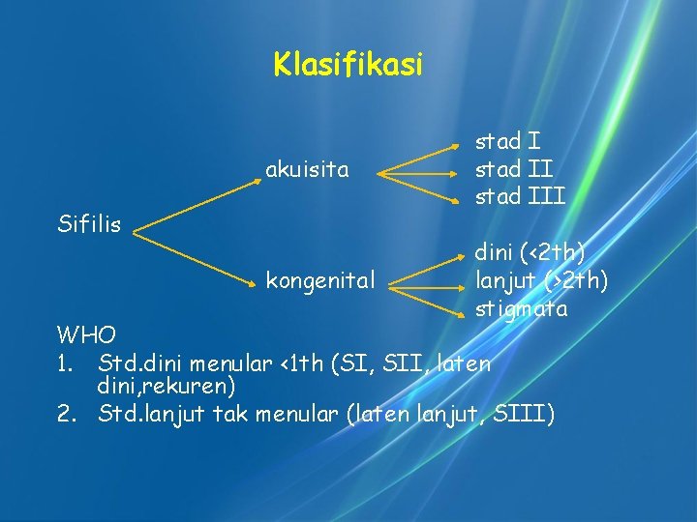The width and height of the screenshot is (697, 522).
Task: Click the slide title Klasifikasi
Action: (x=348, y=65)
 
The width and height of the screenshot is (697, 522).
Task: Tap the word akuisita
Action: (x=307, y=171)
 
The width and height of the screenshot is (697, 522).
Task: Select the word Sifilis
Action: (x=88, y=225)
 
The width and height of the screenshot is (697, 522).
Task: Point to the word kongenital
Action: (x=320, y=281)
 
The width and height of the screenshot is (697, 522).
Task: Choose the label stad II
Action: (x=513, y=170)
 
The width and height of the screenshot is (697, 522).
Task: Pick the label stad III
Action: (x=520, y=197)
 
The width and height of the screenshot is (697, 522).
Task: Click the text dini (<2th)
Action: (x=530, y=253)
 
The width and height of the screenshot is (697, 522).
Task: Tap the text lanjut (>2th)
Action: (x=540, y=281)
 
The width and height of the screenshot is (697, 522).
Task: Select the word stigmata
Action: (x=522, y=309)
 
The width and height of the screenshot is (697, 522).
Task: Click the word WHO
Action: (x=86, y=335)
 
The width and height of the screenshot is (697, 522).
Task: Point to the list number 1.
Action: (x=65, y=363)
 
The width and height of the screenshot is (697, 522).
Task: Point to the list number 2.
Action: (x=66, y=415)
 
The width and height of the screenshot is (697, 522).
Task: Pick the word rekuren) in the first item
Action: (x=197, y=388)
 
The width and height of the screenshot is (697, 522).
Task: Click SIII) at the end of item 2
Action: (x=524, y=415)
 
